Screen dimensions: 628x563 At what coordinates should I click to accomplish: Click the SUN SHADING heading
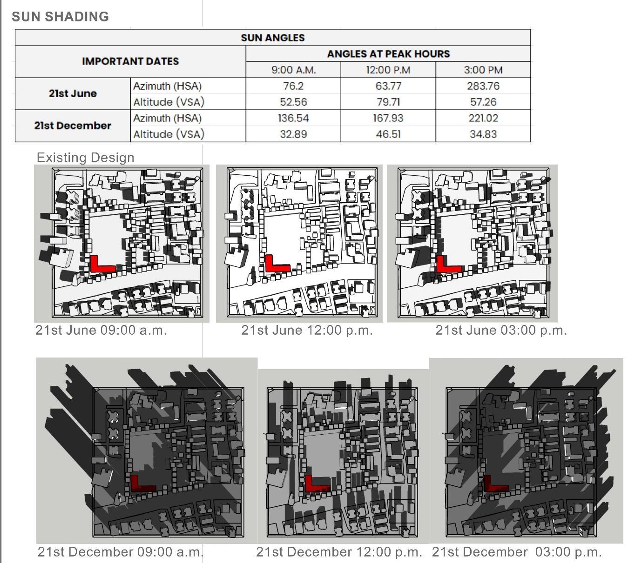click(x=60, y=17)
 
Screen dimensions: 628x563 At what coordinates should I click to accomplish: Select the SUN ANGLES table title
click(x=272, y=38)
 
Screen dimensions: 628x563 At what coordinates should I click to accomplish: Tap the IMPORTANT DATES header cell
click(x=130, y=61)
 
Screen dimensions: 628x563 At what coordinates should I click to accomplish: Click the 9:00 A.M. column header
click(x=293, y=70)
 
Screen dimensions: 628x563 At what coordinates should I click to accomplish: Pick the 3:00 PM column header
click(x=483, y=70)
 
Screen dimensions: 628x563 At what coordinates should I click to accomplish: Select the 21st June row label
click(x=73, y=93)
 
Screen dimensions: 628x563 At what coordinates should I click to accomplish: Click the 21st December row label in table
click(x=73, y=126)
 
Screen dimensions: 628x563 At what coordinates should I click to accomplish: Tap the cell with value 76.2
click(x=293, y=86)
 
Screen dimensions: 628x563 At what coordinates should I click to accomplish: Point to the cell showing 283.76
click(x=483, y=86)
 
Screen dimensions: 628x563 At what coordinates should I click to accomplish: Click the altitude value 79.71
click(x=388, y=102)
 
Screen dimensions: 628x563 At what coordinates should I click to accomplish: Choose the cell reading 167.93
click(x=388, y=118)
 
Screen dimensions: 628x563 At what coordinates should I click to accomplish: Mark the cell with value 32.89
click(x=293, y=134)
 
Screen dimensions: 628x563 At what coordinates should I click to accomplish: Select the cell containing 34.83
click(x=483, y=134)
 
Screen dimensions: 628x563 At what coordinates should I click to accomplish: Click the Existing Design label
click(x=85, y=158)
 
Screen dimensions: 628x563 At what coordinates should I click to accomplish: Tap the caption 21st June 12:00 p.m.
click(x=307, y=331)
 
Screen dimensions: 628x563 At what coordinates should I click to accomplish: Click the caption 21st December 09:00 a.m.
click(x=121, y=552)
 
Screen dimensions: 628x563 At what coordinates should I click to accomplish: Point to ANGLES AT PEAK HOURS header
click(x=388, y=53)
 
